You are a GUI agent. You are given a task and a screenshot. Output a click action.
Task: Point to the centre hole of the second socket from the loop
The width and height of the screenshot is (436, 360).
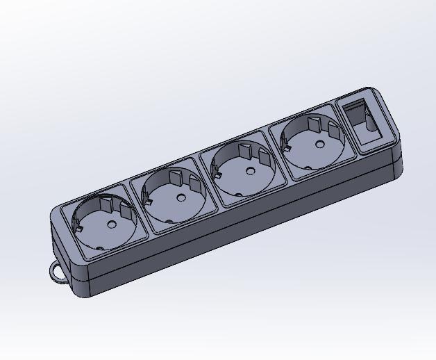181,197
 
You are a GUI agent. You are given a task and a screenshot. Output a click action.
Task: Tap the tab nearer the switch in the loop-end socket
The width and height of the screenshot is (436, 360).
126,209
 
